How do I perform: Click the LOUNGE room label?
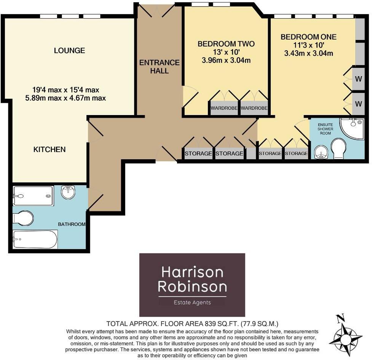tap(69, 51)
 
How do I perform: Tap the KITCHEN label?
tap(49, 149)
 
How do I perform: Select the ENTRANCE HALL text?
tap(159, 67)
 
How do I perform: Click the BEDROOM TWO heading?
tap(226, 44)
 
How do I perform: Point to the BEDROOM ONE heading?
tap(308, 37)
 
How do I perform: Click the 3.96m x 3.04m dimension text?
tap(226, 61)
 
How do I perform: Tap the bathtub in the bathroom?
tap(35, 239)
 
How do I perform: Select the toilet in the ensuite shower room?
tap(338, 148)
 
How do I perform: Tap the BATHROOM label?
tap(72, 224)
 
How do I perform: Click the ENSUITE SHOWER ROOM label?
tap(325, 129)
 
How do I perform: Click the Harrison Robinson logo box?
tap(192, 285)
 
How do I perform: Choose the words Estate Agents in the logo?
tap(192, 302)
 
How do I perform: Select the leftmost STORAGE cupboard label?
tap(198, 154)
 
